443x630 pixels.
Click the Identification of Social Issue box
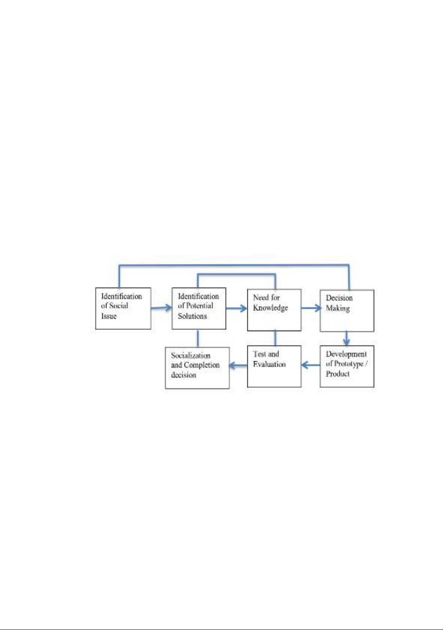(123, 308)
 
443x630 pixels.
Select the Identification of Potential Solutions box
(199, 308)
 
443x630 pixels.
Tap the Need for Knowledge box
(275, 310)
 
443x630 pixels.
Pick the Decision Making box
(347, 310)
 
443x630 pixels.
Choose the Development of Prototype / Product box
(347, 366)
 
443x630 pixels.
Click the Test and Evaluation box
(275, 366)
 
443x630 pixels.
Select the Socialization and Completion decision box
(197, 368)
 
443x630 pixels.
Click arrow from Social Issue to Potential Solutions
(162, 308)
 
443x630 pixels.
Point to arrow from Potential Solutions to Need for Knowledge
(236, 308)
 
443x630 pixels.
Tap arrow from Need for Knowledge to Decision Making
(311, 308)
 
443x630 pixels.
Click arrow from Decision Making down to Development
(346, 338)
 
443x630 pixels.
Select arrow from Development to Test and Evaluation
(311, 365)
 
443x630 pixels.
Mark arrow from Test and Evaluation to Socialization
(238, 366)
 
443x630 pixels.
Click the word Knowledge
(270, 308)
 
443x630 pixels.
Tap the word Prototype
(349, 364)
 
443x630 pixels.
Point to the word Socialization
(191, 355)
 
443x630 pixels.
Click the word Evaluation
(269, 364)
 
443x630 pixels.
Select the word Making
(337, 308)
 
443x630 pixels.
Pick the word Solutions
(192, 316)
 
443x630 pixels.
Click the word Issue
(109, 316)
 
